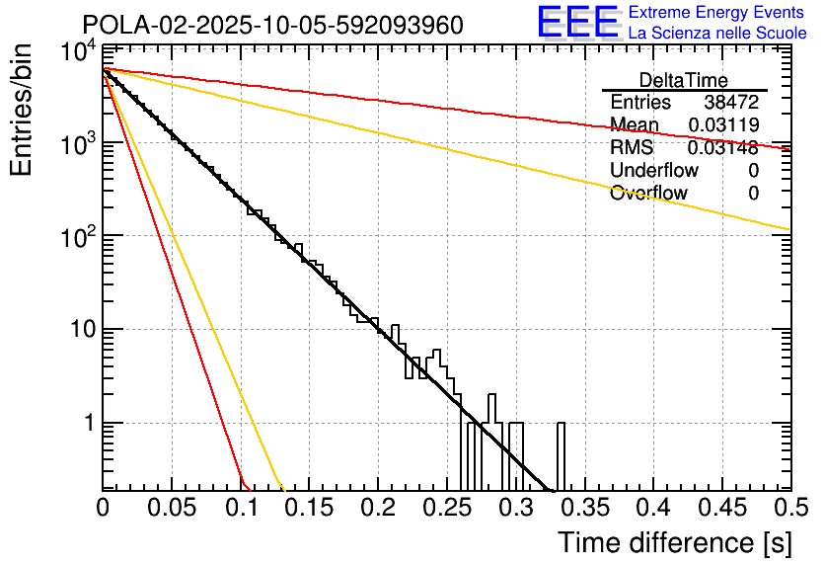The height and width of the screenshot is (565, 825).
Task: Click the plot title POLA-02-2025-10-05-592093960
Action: tap(272, 25)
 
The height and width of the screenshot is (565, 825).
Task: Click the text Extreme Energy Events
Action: tap(717, 13)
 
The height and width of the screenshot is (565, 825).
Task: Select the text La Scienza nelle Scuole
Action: tap(717, 33)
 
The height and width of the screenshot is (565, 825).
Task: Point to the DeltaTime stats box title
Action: tap(684, 80)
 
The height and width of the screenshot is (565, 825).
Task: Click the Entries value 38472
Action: tap(731, 103)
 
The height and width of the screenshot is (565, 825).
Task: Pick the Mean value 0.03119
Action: tap(723, 125)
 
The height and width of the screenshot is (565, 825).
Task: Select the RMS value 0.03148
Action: tap(723, 148)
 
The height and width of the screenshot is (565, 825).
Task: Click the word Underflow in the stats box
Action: tap(652, 171)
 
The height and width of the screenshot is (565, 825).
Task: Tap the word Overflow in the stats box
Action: tap(648, 194)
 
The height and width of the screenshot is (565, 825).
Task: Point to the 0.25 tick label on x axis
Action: tap(446, 508)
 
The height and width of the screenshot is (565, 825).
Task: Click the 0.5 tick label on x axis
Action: tap(789, 508)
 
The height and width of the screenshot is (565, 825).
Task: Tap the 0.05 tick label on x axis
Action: tap(172, 508)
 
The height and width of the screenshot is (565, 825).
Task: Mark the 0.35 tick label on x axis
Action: tap(583, 508)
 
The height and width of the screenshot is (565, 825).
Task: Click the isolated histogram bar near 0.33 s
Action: tap(562, 456)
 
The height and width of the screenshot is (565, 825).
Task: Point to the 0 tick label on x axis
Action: tap(103, 508)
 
